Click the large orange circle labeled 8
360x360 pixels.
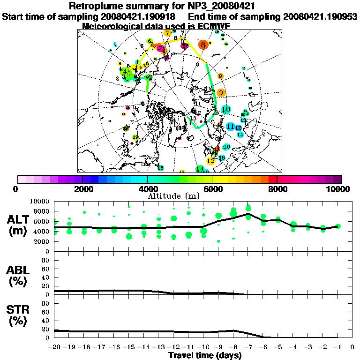click(202, 45)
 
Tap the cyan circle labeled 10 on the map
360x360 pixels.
click(226, 110)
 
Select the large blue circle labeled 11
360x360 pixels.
click(230, 127)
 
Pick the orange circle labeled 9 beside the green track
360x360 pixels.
click(221, 93)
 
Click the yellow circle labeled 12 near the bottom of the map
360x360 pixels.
click(211, 161)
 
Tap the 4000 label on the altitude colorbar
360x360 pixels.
click(147, 189)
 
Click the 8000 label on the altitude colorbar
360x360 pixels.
click(277, 189)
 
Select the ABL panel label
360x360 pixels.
click(19, 275)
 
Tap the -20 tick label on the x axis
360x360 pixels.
click(55, 347)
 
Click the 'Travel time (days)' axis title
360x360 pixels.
click(205, 355)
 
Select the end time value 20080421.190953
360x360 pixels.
click(320, 16)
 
